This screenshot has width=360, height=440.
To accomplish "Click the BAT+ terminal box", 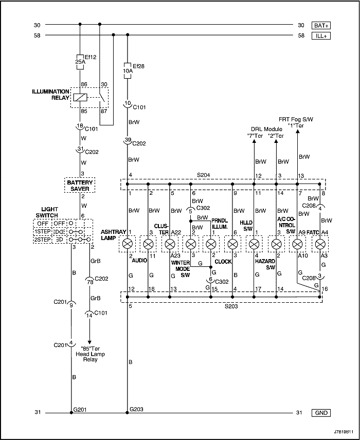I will coord(321,25).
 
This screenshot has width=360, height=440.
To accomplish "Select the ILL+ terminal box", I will coord(321,35).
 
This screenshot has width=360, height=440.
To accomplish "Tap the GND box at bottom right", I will coord(321,413).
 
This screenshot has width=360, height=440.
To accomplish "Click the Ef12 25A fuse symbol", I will coord(80,61).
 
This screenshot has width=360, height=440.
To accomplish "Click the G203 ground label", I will coord(136,409).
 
